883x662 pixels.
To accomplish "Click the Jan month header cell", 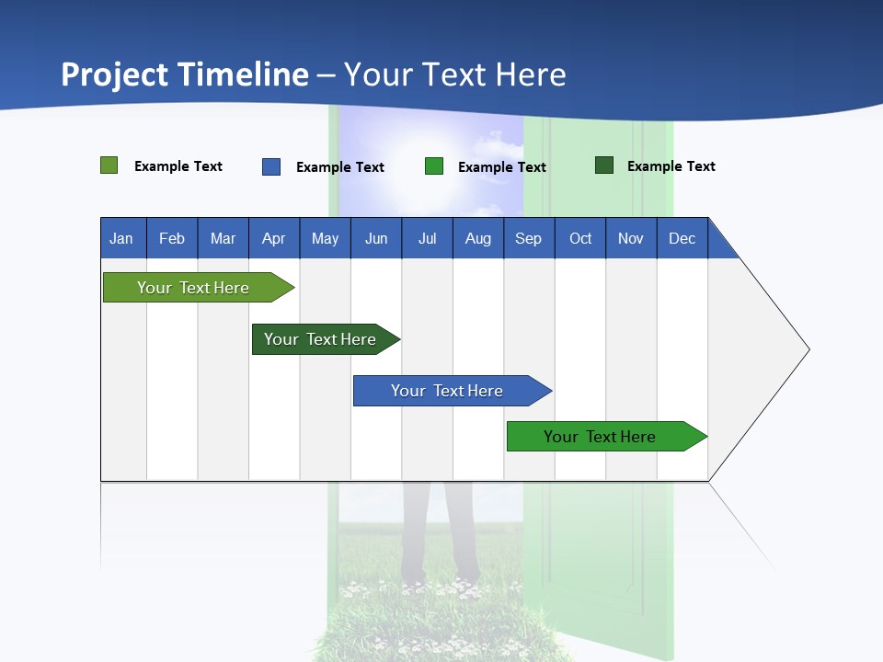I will pos(122,238).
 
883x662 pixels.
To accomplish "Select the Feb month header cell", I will pos(172,238).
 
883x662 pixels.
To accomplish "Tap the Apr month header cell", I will pos(274,238).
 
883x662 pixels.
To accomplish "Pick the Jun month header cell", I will pos(376,238).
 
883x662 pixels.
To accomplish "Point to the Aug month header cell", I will pos(478,238).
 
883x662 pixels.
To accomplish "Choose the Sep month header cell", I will pos(529,238).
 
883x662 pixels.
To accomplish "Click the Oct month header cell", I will pos(580,238).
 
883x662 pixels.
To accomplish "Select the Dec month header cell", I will pos(682,238).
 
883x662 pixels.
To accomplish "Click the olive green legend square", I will pos(109,165).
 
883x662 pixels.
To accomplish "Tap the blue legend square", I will pos(271,166).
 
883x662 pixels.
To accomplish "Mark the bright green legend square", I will pos(434,166).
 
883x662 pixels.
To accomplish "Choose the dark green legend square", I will pos(604,165).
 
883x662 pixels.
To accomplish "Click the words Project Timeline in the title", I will pos(185,74).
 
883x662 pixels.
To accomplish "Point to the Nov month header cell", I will pos(631,238).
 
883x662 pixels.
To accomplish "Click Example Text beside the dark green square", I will pos(671,166).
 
